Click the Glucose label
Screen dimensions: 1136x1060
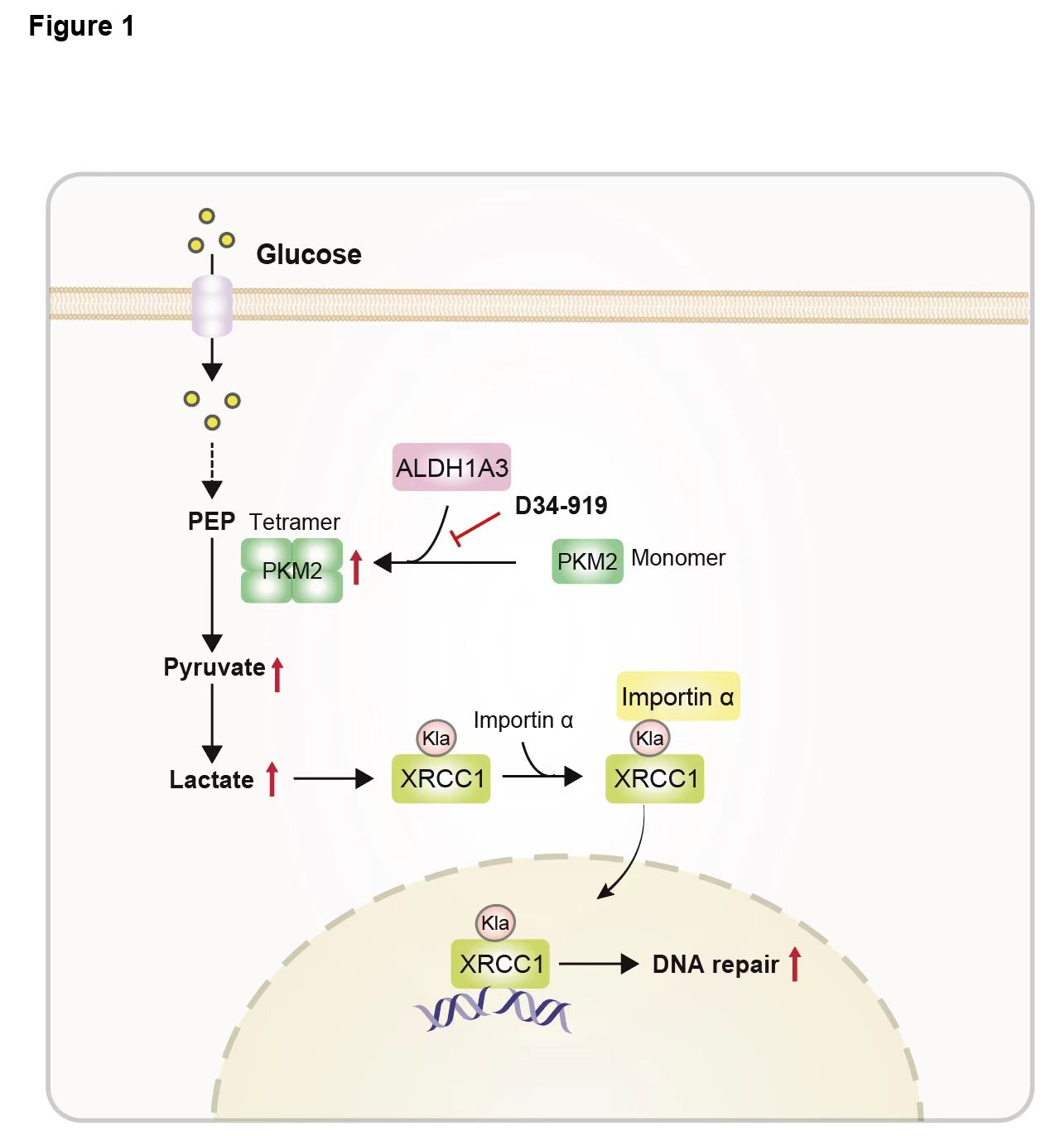click(x=308, y=254)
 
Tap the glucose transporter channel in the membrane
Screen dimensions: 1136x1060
click(x=212, y=306)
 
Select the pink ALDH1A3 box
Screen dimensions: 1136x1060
click(x=451, y=468)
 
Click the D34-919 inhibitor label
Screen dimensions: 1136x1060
click(x=561, y=505)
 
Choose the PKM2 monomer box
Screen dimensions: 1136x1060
click(x=587, y=561)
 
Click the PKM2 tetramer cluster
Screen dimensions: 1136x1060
click(x=291, y=570)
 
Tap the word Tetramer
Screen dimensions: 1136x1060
click(x=294, y=522)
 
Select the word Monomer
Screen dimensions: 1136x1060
click(x=677, y=558)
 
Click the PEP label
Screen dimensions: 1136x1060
click(x=211, y=522)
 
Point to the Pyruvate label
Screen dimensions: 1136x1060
click(x=214, y=667)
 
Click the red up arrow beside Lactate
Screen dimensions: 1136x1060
click(x=272, y=779)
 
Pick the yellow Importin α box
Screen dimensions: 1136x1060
click(x=677, y=696)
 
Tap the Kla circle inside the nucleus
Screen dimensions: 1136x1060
click(x=495, y=923)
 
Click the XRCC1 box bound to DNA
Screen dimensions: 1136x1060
click(x=500, y=964)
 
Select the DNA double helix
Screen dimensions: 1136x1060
click(x=493, y=1011)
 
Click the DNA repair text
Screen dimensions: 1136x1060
click(x=715, y=965)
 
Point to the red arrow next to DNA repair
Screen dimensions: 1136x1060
click(x=795, y=964)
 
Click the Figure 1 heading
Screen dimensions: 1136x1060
click(x=81, y=26)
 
